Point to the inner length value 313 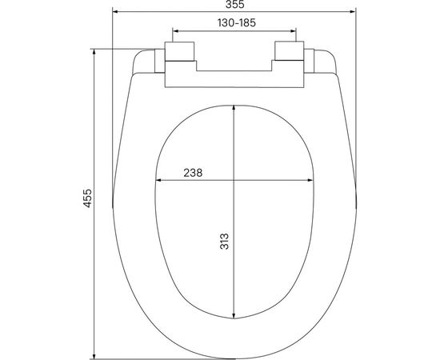[225, 242]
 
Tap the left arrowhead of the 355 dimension [115, 13]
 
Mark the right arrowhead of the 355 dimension [352, 13]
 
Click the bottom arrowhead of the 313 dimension [234, 314]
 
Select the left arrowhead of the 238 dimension [158, 180]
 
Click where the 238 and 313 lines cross [234, 180]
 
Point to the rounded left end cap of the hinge [146, 61]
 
